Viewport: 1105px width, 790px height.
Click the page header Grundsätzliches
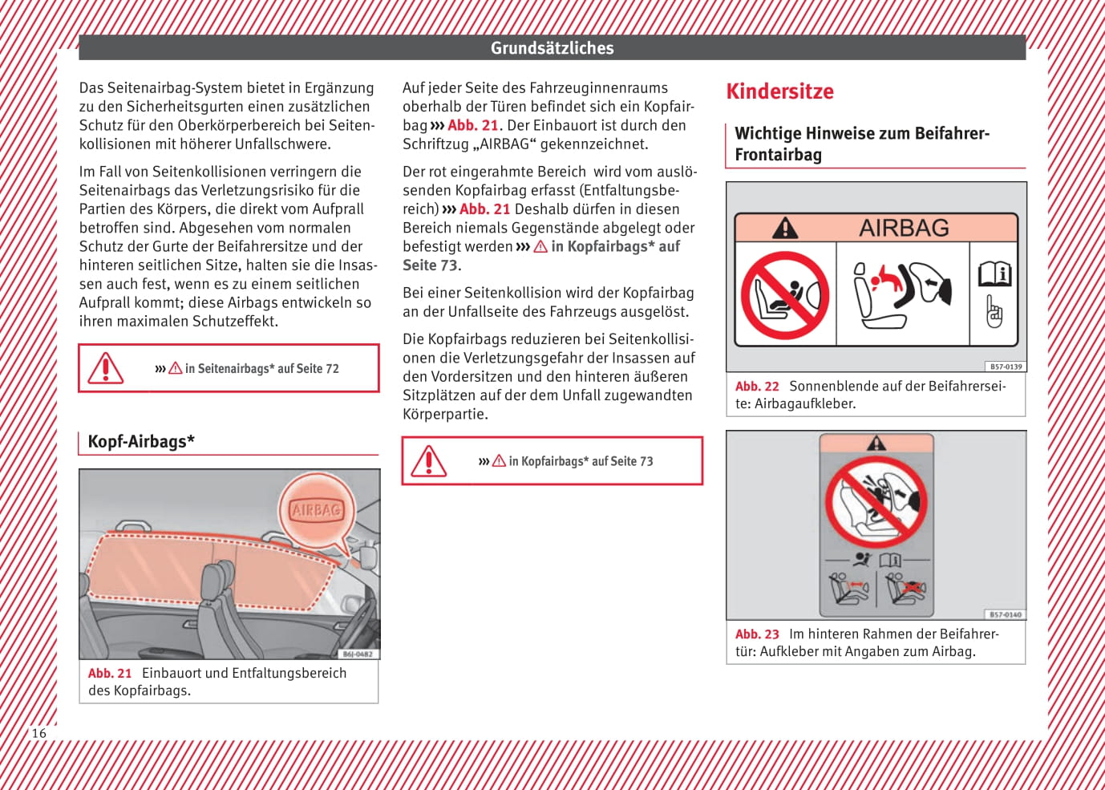[x=552, y=48]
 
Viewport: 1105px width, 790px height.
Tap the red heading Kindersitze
[x=779, y=91]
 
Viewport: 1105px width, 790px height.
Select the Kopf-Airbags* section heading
[x=141, y=441]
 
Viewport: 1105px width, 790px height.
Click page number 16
[x=38, y=733]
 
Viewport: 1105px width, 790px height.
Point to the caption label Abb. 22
[x=757, y=387]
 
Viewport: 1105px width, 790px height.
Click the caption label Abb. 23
[x=757, y=634]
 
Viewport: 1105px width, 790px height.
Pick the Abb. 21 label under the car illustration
[x=110, y=674]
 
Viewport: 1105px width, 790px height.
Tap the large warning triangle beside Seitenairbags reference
[x=106, y=368]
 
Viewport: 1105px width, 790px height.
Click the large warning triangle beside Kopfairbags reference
[x=429, y=461]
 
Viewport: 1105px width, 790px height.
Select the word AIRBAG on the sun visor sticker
[x=904, y=228]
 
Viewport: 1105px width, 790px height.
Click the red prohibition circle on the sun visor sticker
[x=784, y=295]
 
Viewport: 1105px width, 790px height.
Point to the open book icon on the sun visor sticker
[x=994, y=274]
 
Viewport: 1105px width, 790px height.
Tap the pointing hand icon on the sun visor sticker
[x=994, y=312]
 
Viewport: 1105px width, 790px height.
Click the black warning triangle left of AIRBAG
[x=785, y=229]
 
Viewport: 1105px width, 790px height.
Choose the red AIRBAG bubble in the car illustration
[x=317, y=510]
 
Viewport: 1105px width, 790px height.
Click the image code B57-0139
[x=1006, y=367]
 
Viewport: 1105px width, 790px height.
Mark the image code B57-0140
[x=1006, y=614]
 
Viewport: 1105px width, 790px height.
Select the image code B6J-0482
[x=358, y=654]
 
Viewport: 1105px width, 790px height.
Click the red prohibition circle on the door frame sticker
[x=876, y=502]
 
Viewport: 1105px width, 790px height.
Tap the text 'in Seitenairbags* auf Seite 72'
[x=261, y=369]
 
